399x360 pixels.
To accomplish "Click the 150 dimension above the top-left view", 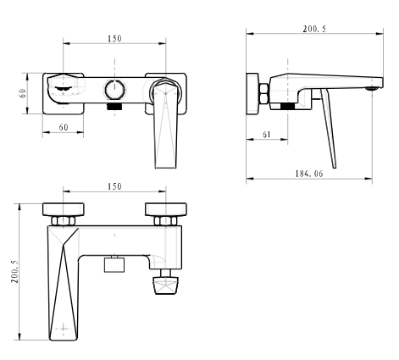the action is pyautogui.click(x=114, y=38).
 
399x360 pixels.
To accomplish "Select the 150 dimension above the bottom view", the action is pyautogui.click(x=114, y=186).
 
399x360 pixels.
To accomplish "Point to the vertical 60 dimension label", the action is pyautogui.click(x=23, y=93).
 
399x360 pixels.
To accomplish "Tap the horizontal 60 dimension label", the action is pyautogui.click(x=64, y=127).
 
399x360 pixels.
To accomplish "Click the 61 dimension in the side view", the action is pyautogui.click(x=267, y=135).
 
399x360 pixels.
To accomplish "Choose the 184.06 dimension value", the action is pyautogui.click(x=309, y=174).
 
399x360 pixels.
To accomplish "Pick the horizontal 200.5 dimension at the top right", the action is pyautogui.click(x=314, y=29).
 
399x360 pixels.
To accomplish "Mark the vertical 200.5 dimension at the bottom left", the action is pyautogui.click(x=14, y=271).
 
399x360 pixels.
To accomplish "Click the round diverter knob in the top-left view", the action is pyautogui.click(x=114, y=90).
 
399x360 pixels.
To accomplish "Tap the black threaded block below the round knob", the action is pyautogui.click(x=114, y=107).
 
